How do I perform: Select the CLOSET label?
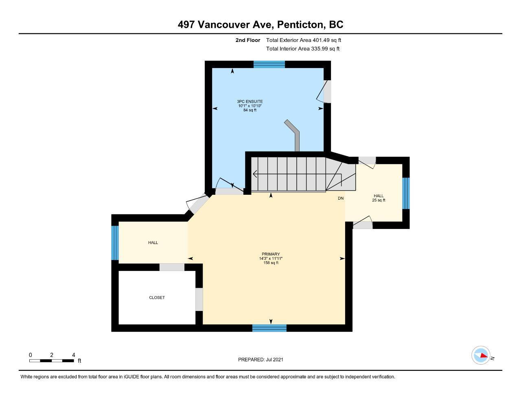pyautogui.click(x=157, y=297)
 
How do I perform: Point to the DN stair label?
pyautogui.click(x=340, y=198)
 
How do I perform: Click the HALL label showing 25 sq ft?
pyautogui.click(x=379, y=198)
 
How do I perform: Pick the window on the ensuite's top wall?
pyautogui.click(x=269, y=64)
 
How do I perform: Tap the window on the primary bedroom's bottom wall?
pyautogui.click(x=269, y=328)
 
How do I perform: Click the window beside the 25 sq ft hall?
pyautogui.click(x=406, y=193)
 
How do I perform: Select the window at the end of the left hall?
pyautogui.click(x=115, y=243)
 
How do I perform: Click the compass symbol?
pyautogui.click(x=480, y=355)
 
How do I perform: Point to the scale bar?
pyautogui.click(x=52, y=361)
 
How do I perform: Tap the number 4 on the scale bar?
pyautogui.click(x=74, y=355)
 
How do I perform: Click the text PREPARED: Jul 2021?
pyautogui.click(x=260, y=359)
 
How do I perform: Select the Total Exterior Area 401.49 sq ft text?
pyautogui.click(x=304, y=40)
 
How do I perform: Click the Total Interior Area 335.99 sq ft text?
pyautogui.click(x=303, y=49)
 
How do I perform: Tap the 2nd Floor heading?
pyautogui.click(x=247, y=40)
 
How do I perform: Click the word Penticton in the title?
pyautogui.click(x=301, y=25)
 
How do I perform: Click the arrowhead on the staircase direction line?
pyautogui.click(x=255, y=174)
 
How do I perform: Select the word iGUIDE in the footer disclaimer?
pyautogui.click(x=131, y=377)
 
